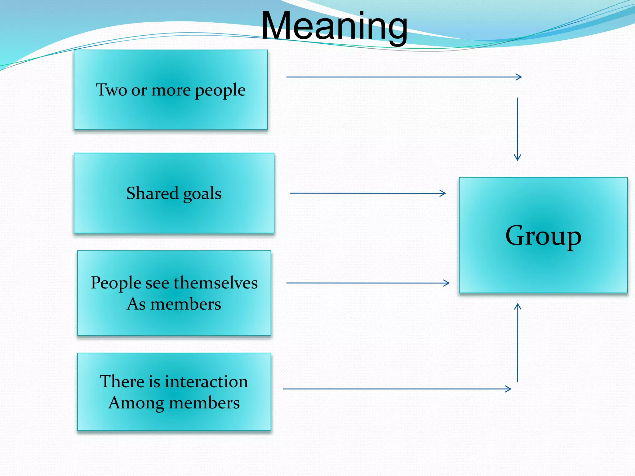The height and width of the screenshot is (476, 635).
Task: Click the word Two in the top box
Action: tap(111, 90)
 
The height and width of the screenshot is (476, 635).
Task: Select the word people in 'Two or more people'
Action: tap(220, 90)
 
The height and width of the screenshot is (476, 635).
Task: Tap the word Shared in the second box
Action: tap(152, 193)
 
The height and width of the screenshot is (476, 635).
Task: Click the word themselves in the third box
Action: tap(215, 283)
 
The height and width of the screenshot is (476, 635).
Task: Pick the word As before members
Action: tap(136, 304)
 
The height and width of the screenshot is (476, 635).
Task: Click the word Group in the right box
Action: tap(543, 236)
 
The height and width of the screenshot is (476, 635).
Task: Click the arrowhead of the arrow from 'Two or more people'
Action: tap(519, 77)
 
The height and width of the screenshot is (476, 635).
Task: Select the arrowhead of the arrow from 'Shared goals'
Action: tap(443, 193)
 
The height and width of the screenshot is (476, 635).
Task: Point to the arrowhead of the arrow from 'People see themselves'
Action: tap(447, 283)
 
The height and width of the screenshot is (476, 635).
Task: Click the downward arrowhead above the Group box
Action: tap(517, 158)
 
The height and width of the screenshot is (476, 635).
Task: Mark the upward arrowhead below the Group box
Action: tap(517, 306)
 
